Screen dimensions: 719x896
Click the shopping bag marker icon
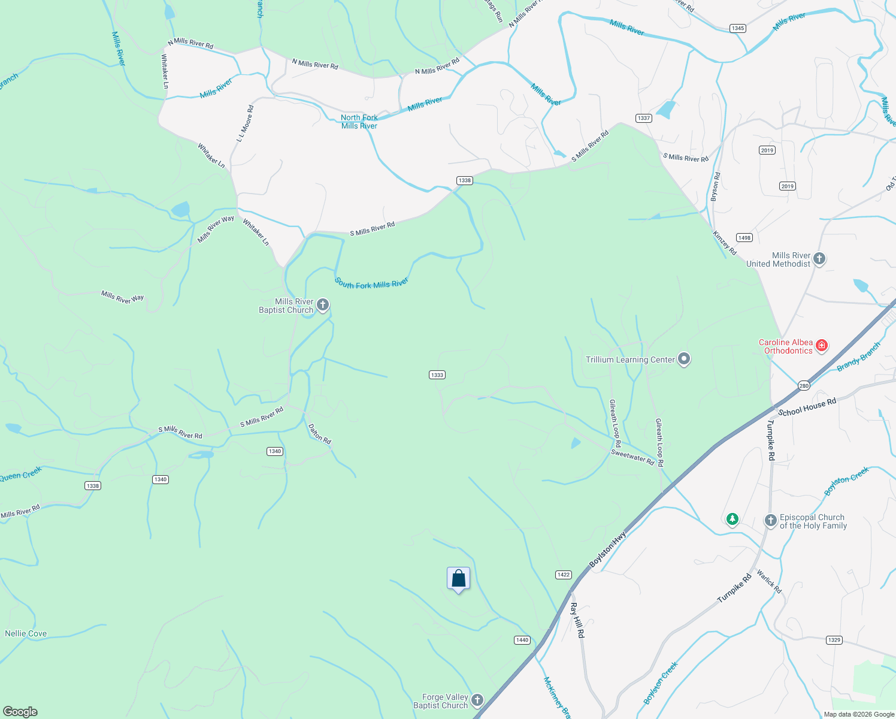[458, 579]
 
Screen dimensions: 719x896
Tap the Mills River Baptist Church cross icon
[323, 306]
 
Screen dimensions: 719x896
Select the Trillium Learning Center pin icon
[684, 359]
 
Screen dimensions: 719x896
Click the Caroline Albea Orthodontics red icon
[822, 345]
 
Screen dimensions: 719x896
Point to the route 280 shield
[804, 385]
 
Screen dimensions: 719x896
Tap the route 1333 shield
[437, 375]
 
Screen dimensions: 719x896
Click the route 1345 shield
[738, 28]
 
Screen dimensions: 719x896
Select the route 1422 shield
[564, 575]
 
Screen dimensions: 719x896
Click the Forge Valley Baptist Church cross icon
[477, 700]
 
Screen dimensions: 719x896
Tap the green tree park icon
[732, 519]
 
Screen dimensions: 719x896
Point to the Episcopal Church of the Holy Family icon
[771, 521]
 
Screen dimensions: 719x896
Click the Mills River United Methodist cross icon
[819, 259]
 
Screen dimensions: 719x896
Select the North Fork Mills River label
[359, 122]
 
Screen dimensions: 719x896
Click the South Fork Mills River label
[371, 283]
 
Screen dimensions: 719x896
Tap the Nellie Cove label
[26, 633]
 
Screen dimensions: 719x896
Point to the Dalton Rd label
[319, 434]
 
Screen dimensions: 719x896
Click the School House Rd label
[807, 407]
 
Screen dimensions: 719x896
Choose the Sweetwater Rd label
[632, 458]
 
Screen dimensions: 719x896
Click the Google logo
[20, 711]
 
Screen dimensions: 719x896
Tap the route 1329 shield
[834, 640]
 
